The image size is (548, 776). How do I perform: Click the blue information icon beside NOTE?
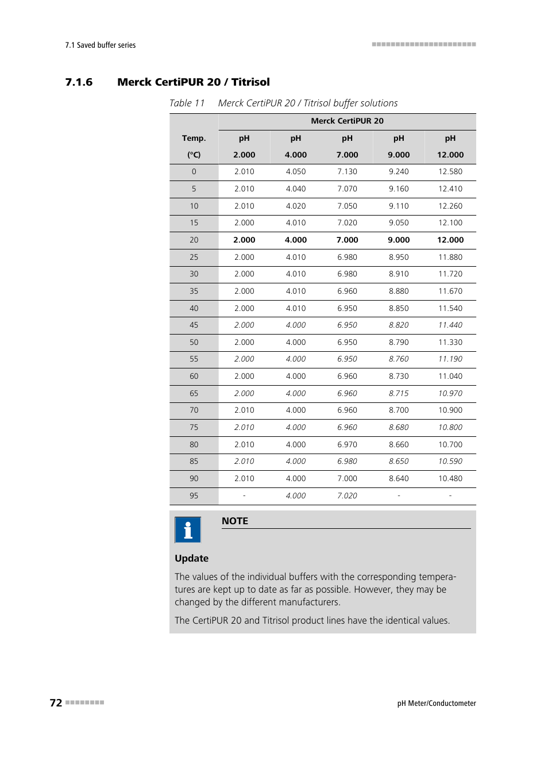click(x=188, y=529)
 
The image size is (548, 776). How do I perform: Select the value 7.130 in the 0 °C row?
click(x=347, y=172)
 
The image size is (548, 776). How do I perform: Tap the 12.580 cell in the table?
click(x=450, y=172)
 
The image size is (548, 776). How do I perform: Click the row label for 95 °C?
click(x=194, y=495)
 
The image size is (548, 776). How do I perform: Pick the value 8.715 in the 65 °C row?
click(x=399, y=393)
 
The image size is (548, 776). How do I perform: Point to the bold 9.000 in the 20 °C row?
click(x=399, y=240)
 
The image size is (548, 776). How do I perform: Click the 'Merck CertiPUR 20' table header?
click(x=347, y=121)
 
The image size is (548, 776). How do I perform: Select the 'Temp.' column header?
click(x=194, y=138)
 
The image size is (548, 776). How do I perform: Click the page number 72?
click(x=56, y=702)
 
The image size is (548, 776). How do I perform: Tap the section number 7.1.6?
click(x=79, y=82)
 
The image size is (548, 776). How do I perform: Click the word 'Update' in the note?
click(x=191, y=558)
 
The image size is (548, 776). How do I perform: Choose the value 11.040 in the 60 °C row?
click(x=450, y=377)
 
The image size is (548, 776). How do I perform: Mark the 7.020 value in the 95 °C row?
click(x=347, y=495)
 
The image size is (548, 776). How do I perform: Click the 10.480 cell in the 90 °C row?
click(x=450, y=478)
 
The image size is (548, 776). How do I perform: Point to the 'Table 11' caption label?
click(x=187, y=103)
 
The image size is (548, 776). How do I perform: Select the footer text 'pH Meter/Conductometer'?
click(x=437, y=703)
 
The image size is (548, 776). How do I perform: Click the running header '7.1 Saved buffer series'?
click(x=101, y=45)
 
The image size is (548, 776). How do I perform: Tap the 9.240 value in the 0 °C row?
click(x=399, y=172)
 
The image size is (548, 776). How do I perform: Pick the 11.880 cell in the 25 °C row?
click(x=450, y=257)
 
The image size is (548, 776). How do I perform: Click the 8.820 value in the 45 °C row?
click(x=399, y=325)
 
